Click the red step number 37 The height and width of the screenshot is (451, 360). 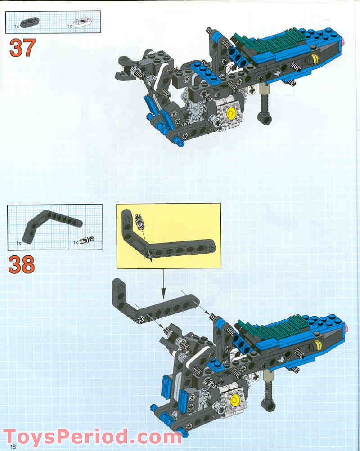point(22,48)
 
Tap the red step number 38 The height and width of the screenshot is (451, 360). point(21,264)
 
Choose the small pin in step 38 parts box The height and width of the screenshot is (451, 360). point(85,240)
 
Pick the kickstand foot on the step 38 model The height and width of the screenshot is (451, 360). point(270,406)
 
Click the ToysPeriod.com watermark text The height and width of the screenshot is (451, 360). point(92,436)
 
